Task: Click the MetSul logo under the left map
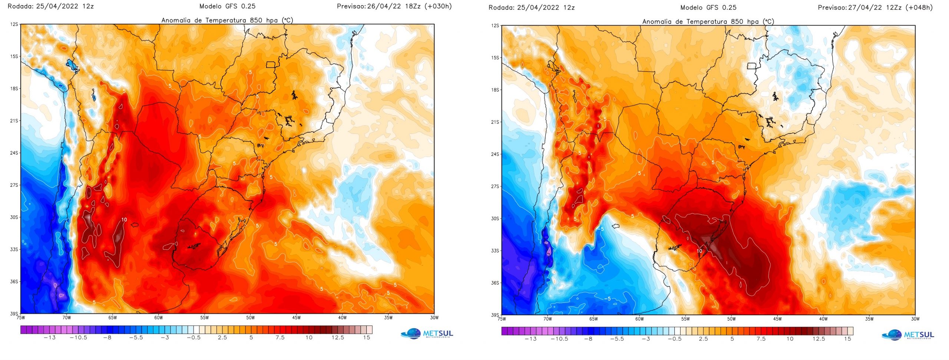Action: (x=427, y=333)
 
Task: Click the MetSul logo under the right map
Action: (x=908, y=334)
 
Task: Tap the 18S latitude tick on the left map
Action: (x=14, y=89)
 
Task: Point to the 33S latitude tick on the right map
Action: (x=495, y=251)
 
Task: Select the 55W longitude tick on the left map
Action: (x=204, y=318)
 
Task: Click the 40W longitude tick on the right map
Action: (x=823, y=319)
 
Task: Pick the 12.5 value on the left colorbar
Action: (x=338, y=338)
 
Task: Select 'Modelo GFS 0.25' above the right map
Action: (x=708, y=7)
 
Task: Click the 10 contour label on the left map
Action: (x=124, y=219)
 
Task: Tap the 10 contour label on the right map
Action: (x=699, y=251)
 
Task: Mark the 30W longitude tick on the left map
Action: (x=434, y=318)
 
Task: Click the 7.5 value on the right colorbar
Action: (x=761, y=339)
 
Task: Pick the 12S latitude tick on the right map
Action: (x=495, y=26)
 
